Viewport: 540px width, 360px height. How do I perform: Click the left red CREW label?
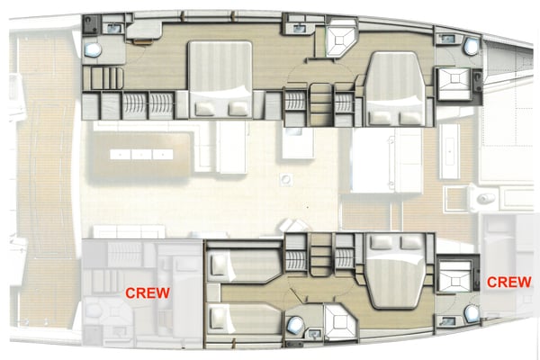click(x=148, y=292)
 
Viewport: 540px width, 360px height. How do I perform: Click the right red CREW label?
click(x=508, y=282)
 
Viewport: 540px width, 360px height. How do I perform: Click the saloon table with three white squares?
click(x=144, y=154)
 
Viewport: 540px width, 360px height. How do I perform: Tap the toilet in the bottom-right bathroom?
click(x=471, y=313)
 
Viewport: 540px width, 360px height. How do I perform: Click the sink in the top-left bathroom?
click(x=114, y=29)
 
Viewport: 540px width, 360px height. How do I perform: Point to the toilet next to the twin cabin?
click(x=294, y=325)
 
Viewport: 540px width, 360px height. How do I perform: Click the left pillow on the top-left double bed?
click(x=204, y=107)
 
